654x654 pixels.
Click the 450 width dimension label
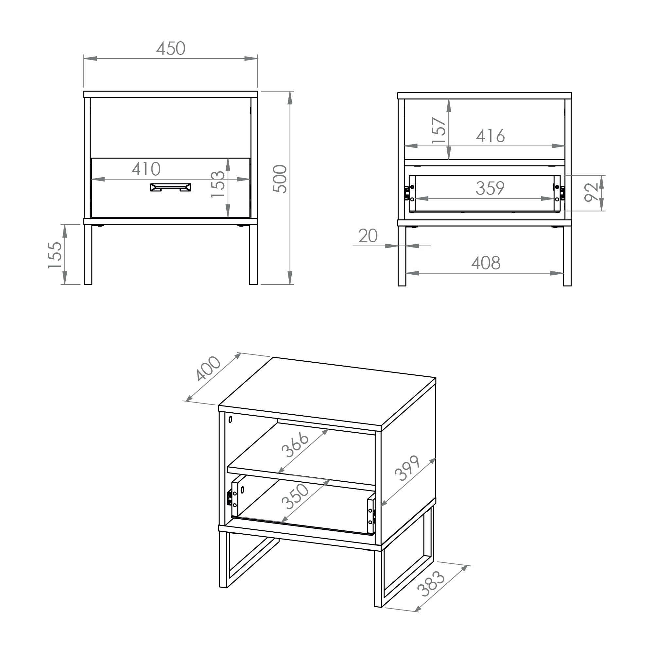click(171, 48)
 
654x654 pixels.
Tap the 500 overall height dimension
click(280, 179)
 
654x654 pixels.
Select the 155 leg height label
click(55, 255)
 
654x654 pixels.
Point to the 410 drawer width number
click(146, 169)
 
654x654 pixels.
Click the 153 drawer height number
click(218, 184)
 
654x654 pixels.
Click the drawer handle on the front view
click(171, 187)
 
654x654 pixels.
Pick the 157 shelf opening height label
click(439, 130)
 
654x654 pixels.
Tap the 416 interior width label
click(490, 136)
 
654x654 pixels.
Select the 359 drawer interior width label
click(490, 188)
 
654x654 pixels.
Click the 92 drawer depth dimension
click(591, 192)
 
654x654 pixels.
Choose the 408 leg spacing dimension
click(486, 263)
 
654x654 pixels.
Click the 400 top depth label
click(208, 368)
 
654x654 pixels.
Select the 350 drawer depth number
click(295, 497)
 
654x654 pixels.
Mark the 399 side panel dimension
click(407, 468)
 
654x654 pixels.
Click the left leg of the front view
click(88, 254)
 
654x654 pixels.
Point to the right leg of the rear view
click(567, 256)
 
